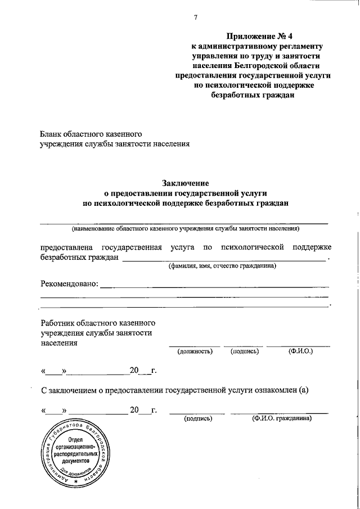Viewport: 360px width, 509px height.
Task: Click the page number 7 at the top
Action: pyautogui.click(x=195, y=17)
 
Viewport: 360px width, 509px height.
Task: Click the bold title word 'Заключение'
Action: pyautogui.click(x=186, y=183)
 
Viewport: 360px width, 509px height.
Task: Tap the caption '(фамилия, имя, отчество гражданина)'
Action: pyautogui.click(x=223, y=265)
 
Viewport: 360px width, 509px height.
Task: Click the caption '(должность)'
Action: pyautogui.click(x=195, y=351)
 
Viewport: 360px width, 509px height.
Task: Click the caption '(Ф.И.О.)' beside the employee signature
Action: pyautogui.click(x=300, y=351)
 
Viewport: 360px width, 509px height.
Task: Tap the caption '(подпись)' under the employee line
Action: pyautogui.click(x=244, y=351)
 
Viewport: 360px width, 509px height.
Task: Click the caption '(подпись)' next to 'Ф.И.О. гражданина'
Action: pyautogui.click(x=197, y=418)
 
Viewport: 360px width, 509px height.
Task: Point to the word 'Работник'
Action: pyautogui.click(x=59, y=323)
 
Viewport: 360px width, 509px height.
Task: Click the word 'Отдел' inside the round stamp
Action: pyautogui.click(x=75, y=439)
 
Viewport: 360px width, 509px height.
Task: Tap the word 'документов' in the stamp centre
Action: pyautogui.click(x=75, y=460)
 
